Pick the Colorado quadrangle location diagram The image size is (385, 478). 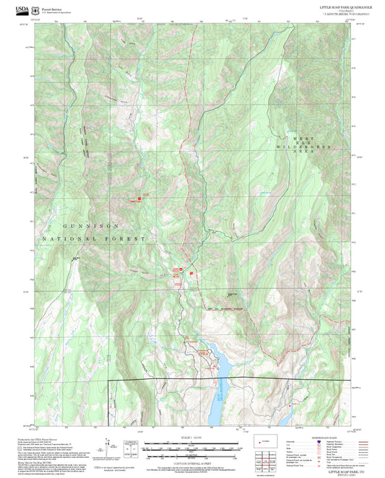click(264, 440)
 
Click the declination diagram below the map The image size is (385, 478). click(108, 443)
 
